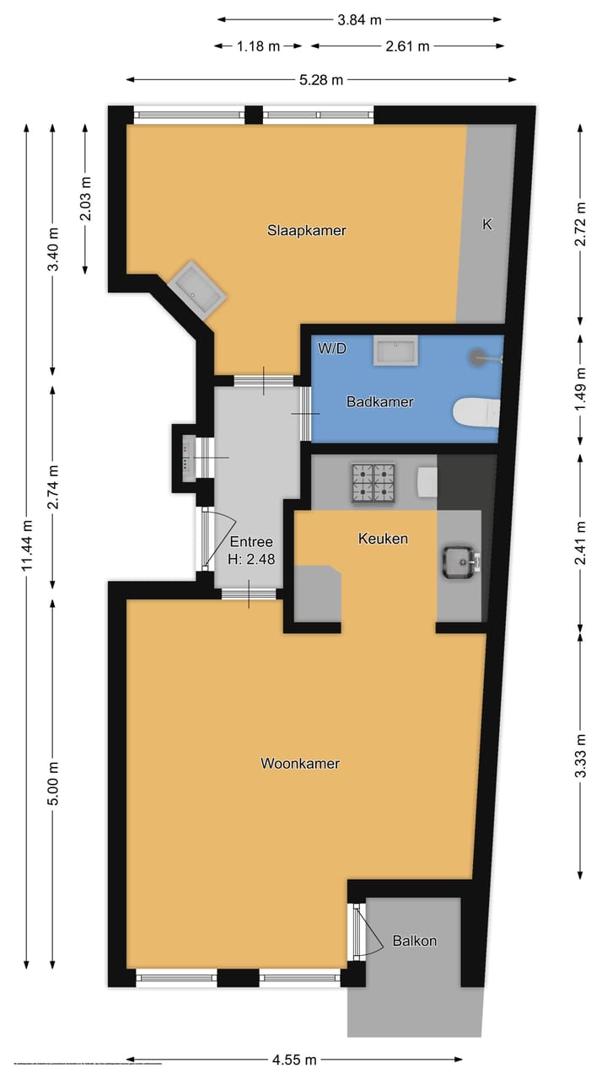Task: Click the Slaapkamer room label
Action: point(307,230)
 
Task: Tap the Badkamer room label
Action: point(380,402)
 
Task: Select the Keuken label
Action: point(383,538)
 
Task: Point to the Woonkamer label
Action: point(300,764)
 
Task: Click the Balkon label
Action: point(415,941)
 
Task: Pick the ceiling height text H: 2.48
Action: point(251,558)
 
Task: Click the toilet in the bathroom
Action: point(476,412)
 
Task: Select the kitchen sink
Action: point(459,561)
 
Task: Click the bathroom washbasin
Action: point(396,351)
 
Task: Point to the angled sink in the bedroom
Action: point(197,288)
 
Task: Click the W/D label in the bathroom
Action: point(332,348)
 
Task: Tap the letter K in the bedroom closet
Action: point(486,224)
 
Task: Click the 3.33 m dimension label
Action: point(581,755)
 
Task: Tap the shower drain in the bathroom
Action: point(481,357)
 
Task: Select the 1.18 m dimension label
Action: point(258,46)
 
